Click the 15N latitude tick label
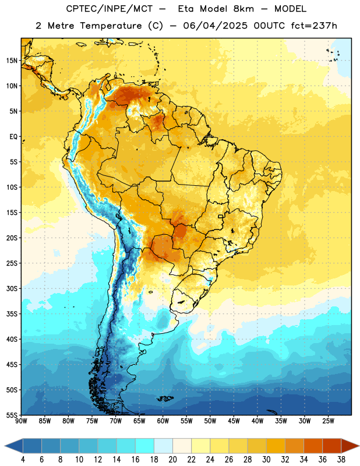point(12,61)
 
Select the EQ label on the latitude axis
point(13,137)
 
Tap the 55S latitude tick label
point(12,415)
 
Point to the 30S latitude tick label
point(12,288)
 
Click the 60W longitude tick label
point(163,421)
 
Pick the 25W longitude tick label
point(328,421)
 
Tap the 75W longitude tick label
point(92,421)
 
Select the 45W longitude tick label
point(234,421)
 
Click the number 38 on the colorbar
point(341,460)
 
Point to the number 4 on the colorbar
point(23,460)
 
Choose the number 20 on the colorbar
point(172,460)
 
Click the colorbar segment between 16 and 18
point(145,446)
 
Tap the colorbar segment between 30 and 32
point(276,446)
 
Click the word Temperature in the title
point(111,26)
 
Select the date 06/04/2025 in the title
point(215,26)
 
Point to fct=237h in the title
point(314,26)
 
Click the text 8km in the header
point(243,9)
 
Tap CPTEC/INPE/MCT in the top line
point(109,9)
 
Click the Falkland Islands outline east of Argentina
point(165,398)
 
